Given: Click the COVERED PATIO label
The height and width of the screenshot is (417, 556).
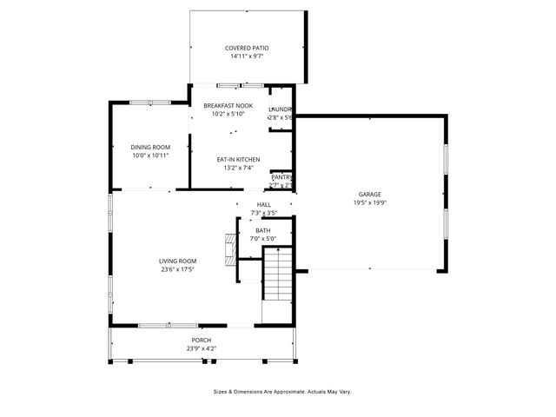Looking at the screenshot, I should (247, 48).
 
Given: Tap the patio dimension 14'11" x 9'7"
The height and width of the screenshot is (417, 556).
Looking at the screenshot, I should (247, 56).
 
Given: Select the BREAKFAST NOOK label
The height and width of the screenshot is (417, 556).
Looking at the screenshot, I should (228, 106).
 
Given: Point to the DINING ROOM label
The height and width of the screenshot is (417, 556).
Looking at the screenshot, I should (149, 147).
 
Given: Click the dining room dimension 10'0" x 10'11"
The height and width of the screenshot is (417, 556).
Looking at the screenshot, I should (149, 156).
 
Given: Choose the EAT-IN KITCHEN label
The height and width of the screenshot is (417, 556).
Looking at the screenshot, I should (239, 160).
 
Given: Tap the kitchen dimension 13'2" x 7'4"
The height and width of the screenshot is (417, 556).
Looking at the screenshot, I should (239, 169).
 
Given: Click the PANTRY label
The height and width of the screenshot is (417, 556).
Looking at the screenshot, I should (281, 177).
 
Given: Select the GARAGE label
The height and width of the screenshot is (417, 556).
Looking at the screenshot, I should (370, 194).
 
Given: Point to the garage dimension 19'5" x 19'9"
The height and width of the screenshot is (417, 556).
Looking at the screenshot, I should (370, 202).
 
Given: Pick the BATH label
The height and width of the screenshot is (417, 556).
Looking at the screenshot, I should (262, 230).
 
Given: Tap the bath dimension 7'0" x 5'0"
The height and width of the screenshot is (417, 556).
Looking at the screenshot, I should (262, 239).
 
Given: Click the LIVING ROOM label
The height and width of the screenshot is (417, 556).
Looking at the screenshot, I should (177, 261).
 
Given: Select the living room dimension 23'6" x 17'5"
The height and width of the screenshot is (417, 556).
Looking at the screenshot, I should (177, 270).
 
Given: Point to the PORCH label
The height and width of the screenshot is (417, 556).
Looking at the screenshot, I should (201, 340).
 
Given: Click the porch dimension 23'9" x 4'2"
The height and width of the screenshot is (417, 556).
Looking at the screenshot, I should (201, 348).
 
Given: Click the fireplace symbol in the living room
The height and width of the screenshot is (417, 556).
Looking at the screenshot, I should (230, 248).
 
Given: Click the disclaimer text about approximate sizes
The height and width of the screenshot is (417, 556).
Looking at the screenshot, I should (282, 392).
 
